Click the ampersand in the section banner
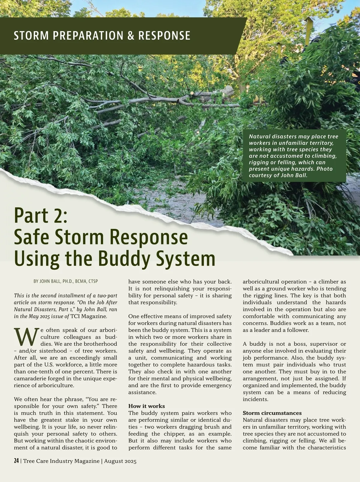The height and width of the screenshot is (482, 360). point(130,35)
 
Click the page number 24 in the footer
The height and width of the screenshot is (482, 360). point(16,461)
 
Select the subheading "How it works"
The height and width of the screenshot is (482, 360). point(146,406)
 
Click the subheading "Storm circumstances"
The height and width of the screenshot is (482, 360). point(272,413)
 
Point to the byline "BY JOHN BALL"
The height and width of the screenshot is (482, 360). point(47,281)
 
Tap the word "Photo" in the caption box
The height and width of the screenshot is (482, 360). point(325,169)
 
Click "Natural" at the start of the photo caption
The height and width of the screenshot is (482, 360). point(259,136)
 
